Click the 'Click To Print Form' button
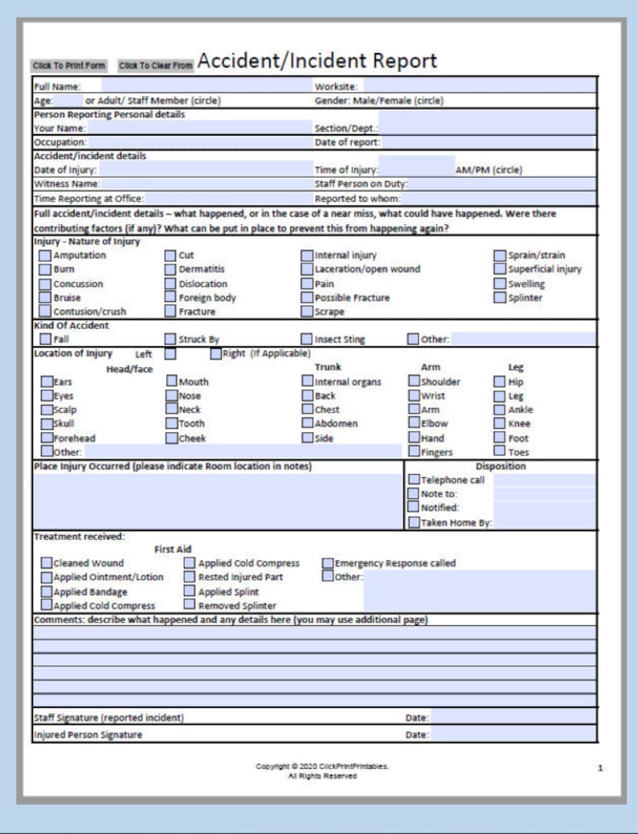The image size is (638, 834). pos(69,65)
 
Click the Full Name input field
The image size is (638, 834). pos(206,86)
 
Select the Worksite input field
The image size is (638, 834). pos(479,86)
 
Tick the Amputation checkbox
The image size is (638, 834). pos(46,256)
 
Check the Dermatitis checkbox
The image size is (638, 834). pos(171,269)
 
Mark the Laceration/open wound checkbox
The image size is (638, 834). pos(307,269)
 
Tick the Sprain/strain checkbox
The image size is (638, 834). pos(500,256)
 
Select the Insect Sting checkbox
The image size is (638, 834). pos(307,339)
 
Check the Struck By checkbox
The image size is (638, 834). pos(171,339)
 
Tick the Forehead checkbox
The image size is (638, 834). pos(47,438)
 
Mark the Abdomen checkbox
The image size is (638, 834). pos(307,423)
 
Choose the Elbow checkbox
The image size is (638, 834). pos(414,423)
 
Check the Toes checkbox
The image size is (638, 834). pos(499,452)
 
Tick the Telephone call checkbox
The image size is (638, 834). pos(413,480)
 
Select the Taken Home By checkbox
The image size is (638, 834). pos(413,522)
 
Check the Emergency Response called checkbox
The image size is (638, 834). pos(328,563)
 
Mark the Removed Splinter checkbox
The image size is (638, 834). pos(190,605)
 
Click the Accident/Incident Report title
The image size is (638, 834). pos(317,61)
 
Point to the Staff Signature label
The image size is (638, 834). pos(108,717)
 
